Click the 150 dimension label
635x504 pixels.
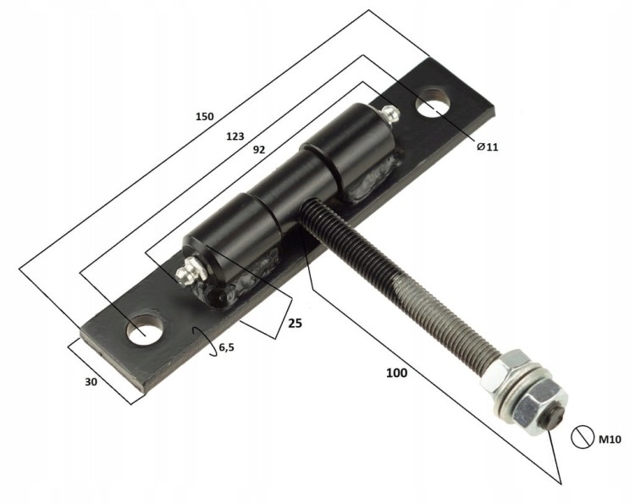[205, 117]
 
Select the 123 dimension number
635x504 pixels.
[235, 136]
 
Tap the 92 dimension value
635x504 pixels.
[259, 150]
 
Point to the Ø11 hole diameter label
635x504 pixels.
[488, 147]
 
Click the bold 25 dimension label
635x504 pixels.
[295, 323]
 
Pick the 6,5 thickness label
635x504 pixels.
[226, 347]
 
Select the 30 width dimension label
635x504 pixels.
[91, 382]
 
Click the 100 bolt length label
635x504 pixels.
[396, 373]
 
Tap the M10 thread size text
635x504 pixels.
[610, 439]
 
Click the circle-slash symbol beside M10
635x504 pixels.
[583, 437]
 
